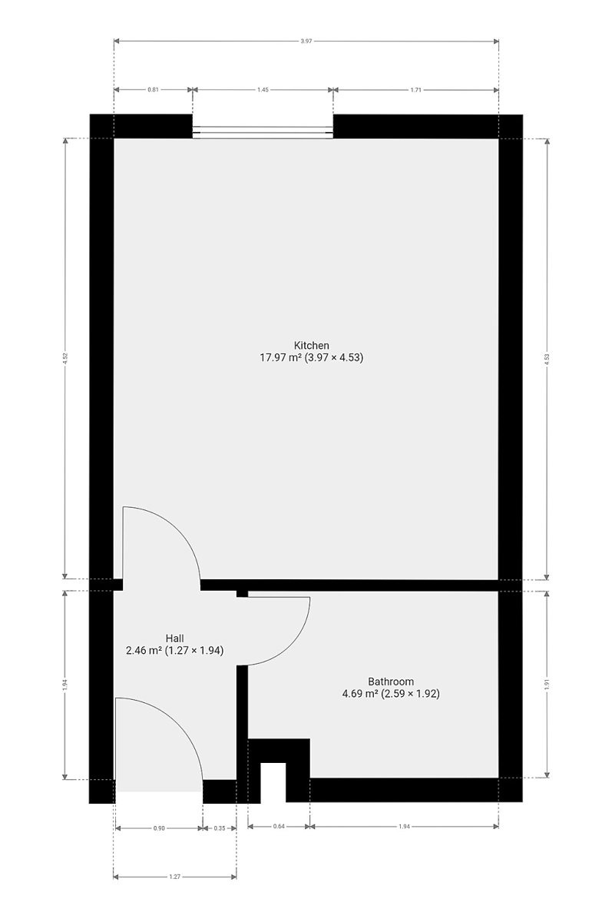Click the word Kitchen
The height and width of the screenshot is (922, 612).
click(311, 345)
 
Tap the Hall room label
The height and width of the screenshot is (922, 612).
click(174, 638)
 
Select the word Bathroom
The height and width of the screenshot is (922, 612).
click(391, 682)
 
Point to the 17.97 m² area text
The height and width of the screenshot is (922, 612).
click(281, 357)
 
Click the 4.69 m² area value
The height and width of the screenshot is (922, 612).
click(360, 694)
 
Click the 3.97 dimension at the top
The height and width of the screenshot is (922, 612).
click(306, 41)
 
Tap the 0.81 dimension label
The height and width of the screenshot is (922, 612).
click(153, 90)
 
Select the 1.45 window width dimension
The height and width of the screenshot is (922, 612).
click(263, 90)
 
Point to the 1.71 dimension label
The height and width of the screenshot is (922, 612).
click(416, 90)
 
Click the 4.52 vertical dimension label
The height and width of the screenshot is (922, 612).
click(65, 359)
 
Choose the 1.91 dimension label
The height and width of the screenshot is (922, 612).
click(547, 684)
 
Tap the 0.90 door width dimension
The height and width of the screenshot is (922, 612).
click(159, 828)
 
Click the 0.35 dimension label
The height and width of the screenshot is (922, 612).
click(220, 828)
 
